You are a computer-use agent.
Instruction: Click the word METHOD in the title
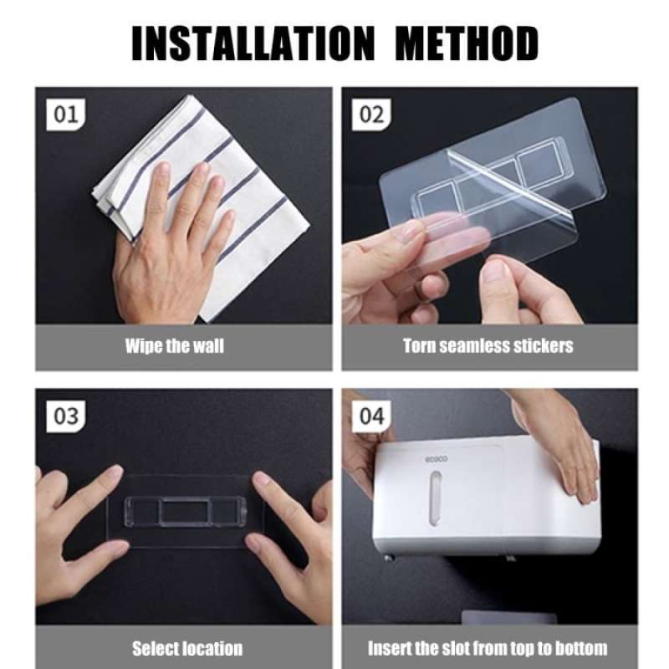467,43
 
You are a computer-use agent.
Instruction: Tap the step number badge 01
64,114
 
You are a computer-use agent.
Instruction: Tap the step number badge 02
370,114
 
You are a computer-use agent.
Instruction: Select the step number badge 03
64,415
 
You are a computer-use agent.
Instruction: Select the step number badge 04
370,415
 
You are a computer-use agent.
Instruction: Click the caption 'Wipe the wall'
175,346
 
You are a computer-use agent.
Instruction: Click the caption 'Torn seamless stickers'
488,346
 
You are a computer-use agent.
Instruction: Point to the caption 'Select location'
187,648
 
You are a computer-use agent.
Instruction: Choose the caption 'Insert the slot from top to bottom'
488,648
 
